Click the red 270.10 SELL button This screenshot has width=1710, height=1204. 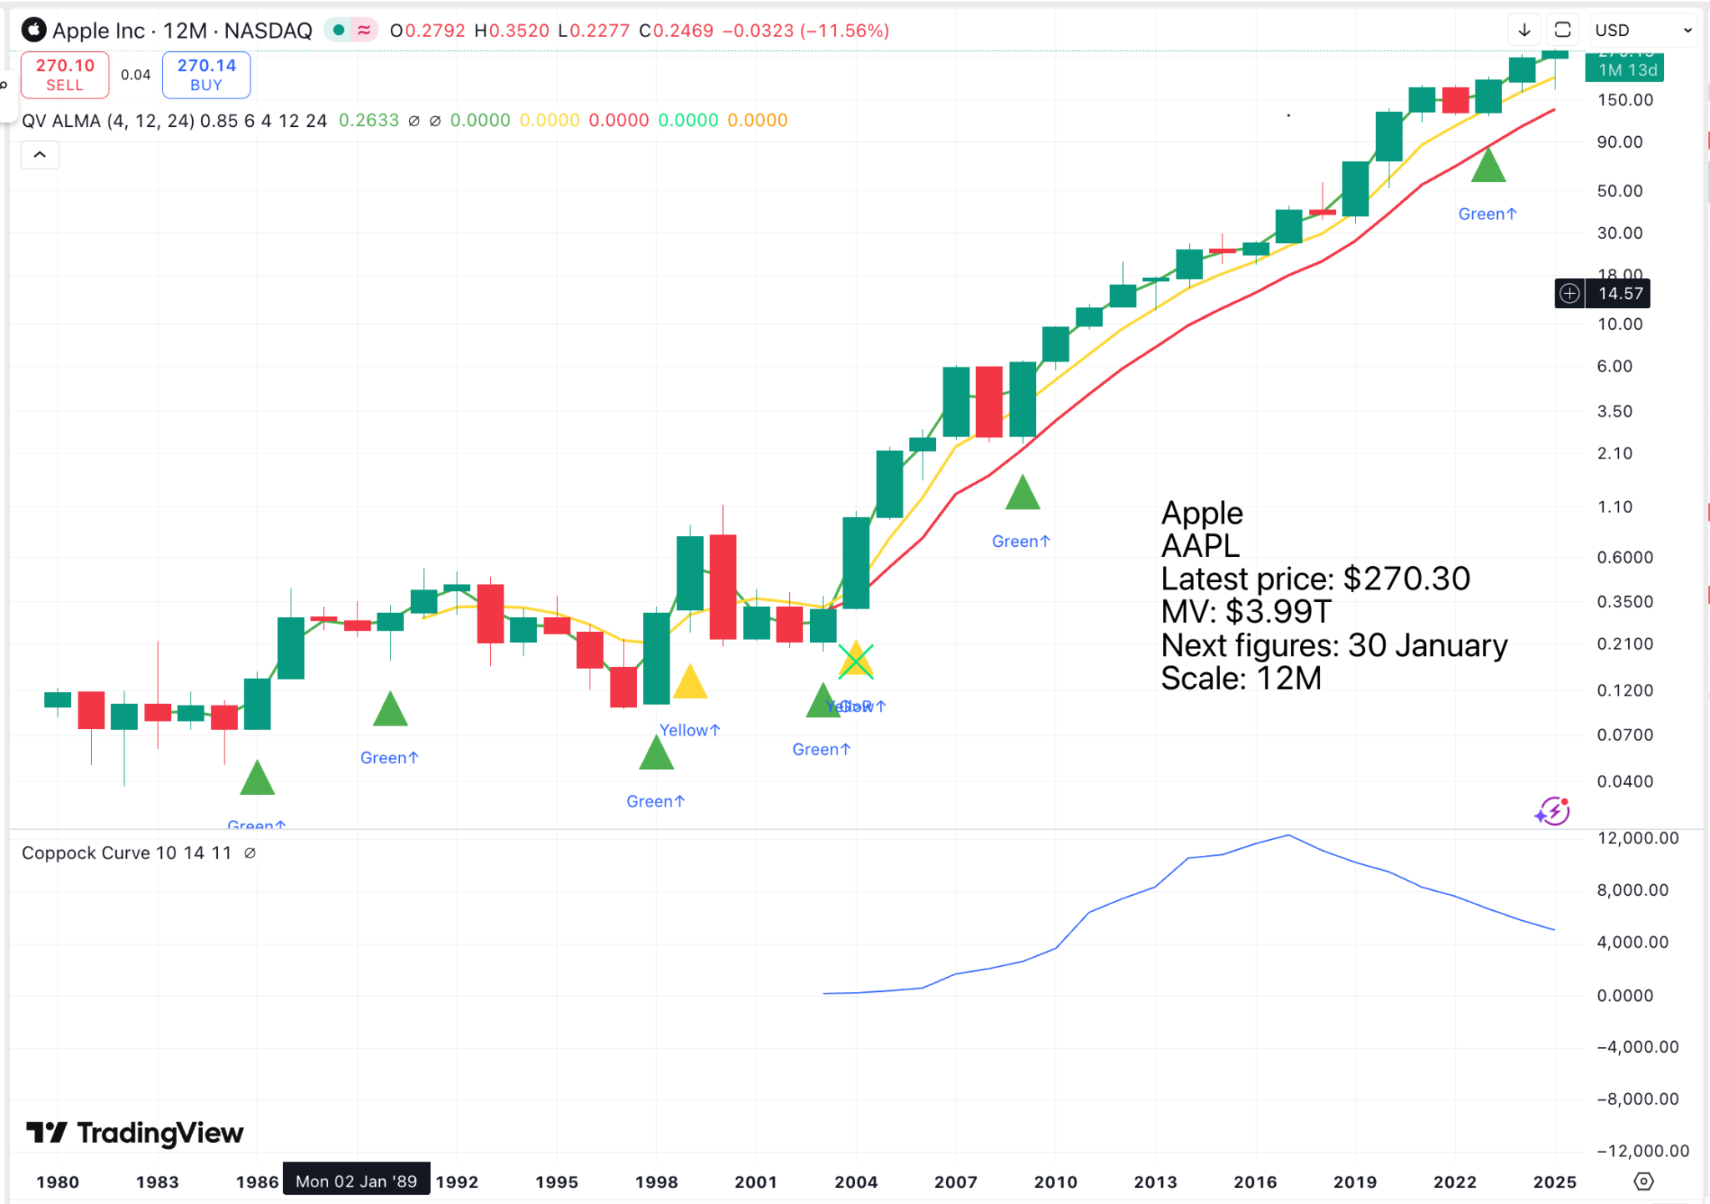64,74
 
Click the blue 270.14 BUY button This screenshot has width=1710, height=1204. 206,74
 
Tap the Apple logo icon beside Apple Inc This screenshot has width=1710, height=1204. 34,30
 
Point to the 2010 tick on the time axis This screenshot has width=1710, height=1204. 1055,1181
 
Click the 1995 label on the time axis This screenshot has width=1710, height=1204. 557,1181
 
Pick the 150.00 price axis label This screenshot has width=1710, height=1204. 1625,100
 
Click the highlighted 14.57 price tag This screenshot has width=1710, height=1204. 1620,294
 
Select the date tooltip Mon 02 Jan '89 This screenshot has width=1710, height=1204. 357,1181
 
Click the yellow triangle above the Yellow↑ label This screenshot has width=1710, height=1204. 691,683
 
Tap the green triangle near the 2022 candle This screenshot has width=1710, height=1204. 1488,166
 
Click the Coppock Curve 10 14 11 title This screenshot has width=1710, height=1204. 126,852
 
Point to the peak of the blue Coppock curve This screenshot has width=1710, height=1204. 1288,835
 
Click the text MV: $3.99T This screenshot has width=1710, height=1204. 1246,612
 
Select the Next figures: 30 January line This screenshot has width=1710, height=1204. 1333,645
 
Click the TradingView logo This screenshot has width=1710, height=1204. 135,1133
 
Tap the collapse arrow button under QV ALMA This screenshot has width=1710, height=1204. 39,155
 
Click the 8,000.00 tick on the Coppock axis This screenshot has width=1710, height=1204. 1632,890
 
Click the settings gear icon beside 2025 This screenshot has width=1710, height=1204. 1643,1181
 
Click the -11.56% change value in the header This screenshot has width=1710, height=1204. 845,31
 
